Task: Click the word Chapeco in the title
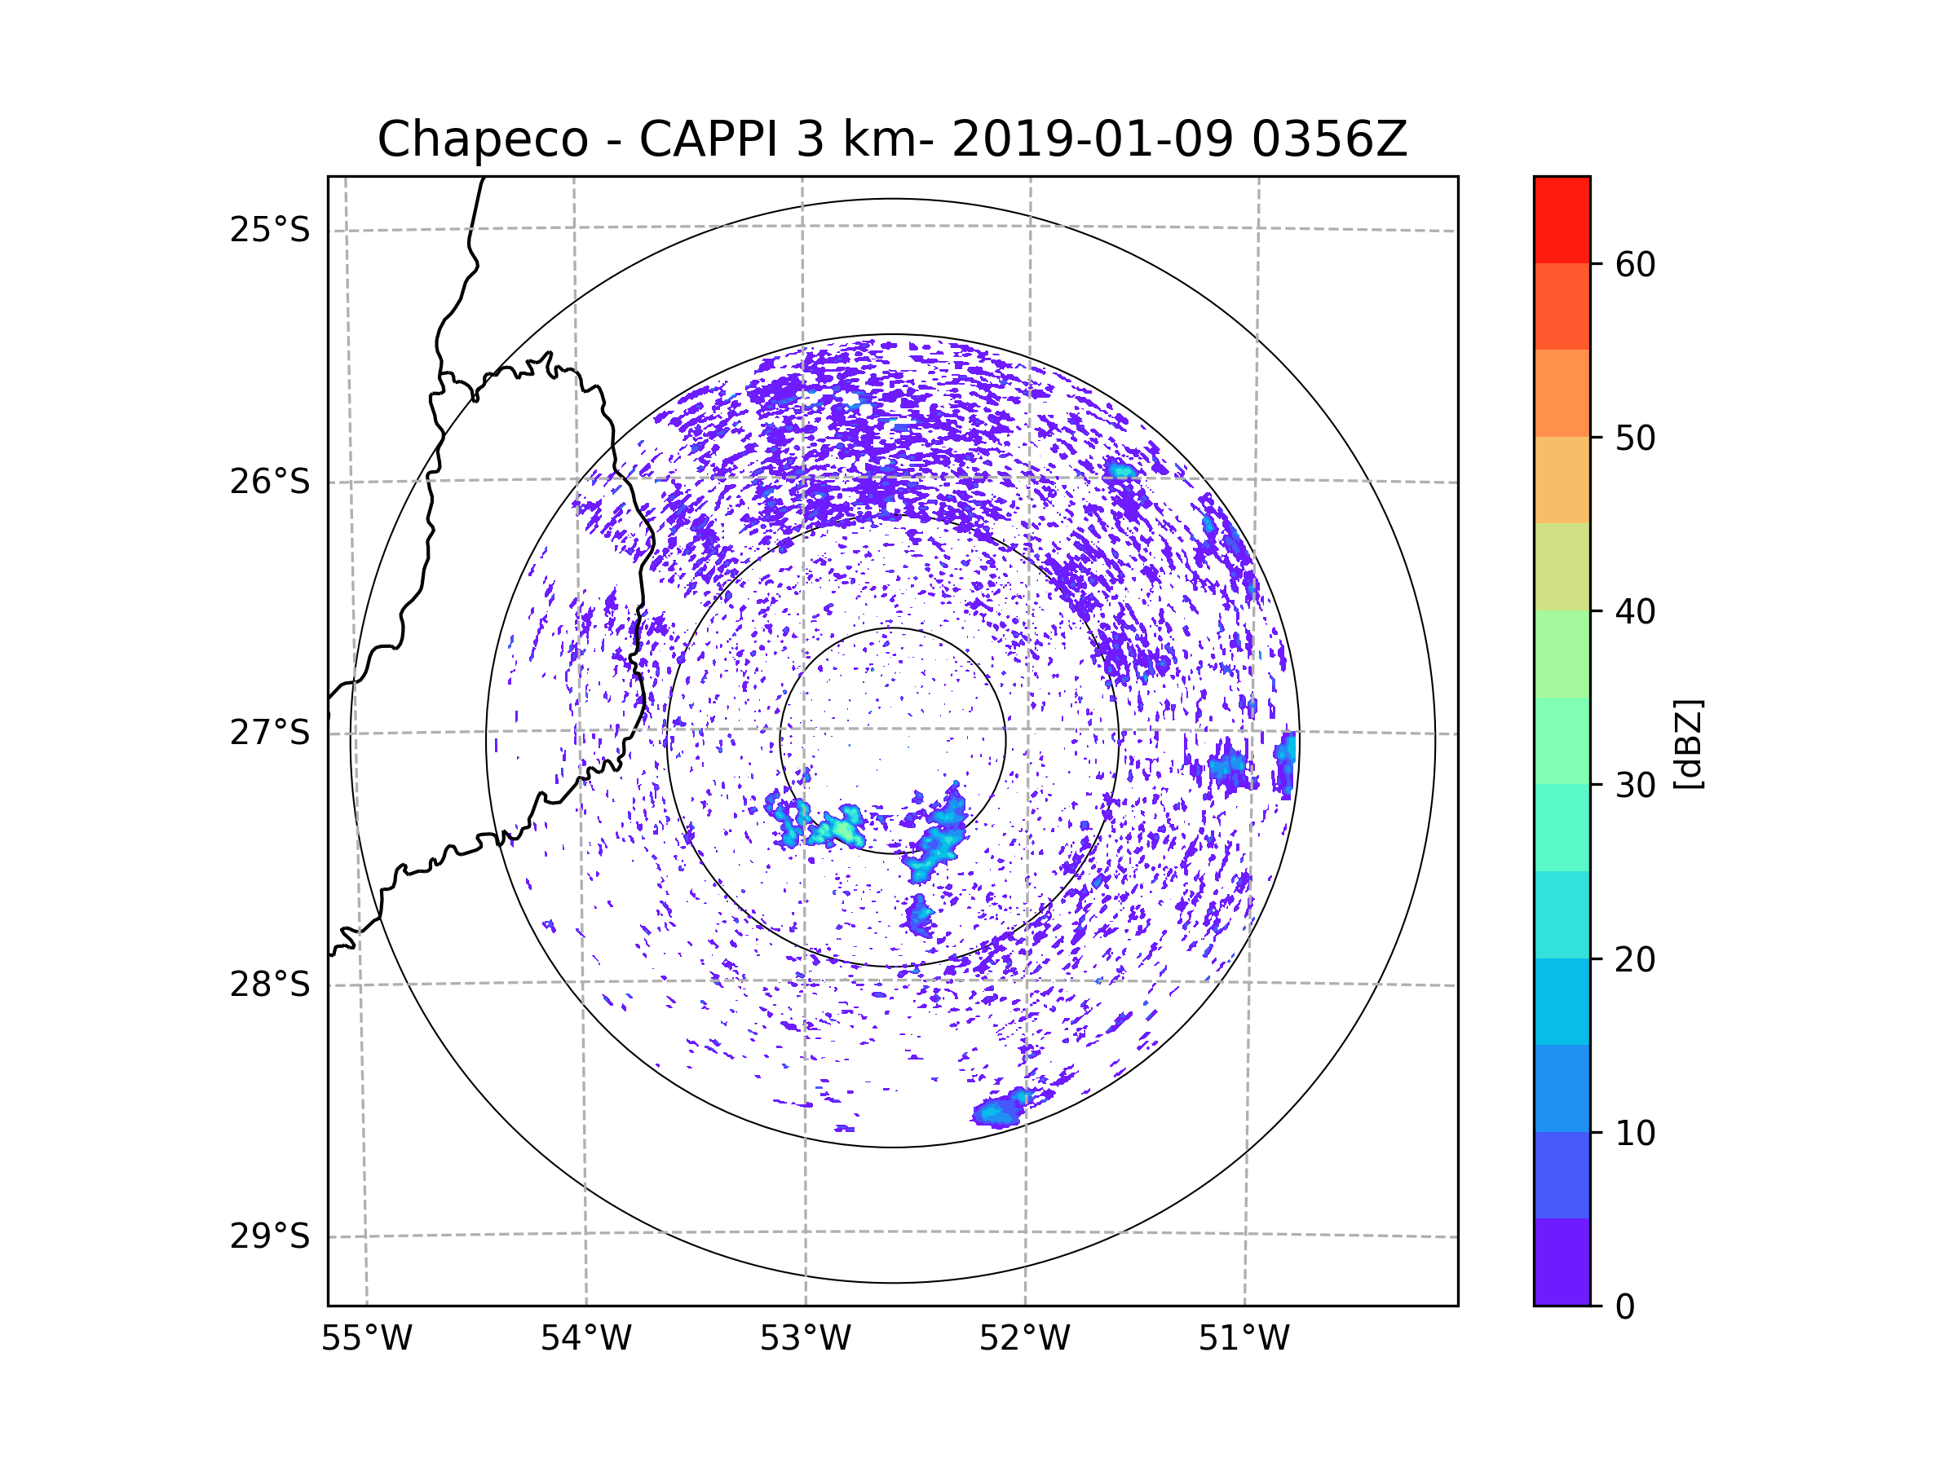coord(482,139)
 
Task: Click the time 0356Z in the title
coord(1329,139)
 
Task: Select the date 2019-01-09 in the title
coord(1092,139)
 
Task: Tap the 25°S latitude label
coord(270,230)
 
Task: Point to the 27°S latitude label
coord(270,733)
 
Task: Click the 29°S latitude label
coord(270,1236)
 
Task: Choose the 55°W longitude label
coord(366,1339)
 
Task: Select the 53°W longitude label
coord(805,1339)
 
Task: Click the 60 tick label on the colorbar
coord(1635,264)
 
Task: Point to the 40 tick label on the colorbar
coord(1635,611)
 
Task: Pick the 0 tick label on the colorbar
coord(1625,1307)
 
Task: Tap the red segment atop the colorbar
coord(1562,220)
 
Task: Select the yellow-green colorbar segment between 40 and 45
coord(1562,566)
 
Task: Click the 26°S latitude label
coord(270,482)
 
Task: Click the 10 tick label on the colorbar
coord(1635,1133)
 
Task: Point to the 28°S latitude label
coord(270,985)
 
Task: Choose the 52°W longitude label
coord(1024,1339)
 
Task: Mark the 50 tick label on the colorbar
coord(1635,438)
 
